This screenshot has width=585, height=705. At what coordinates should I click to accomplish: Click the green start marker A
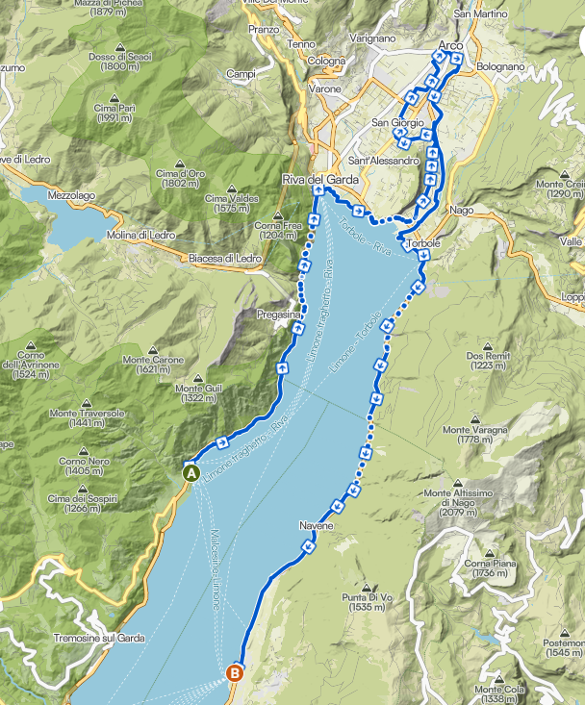191,472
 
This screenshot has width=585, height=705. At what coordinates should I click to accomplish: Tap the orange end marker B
234,673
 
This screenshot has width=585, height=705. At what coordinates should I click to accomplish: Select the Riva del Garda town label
320,180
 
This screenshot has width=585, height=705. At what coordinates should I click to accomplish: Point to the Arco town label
449,45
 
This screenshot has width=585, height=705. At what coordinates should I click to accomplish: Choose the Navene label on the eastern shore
315,527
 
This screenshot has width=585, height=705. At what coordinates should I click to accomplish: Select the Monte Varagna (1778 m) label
470,434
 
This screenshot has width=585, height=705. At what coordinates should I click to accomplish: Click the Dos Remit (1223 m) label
485,361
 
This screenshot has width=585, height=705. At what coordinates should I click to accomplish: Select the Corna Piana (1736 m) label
490,567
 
